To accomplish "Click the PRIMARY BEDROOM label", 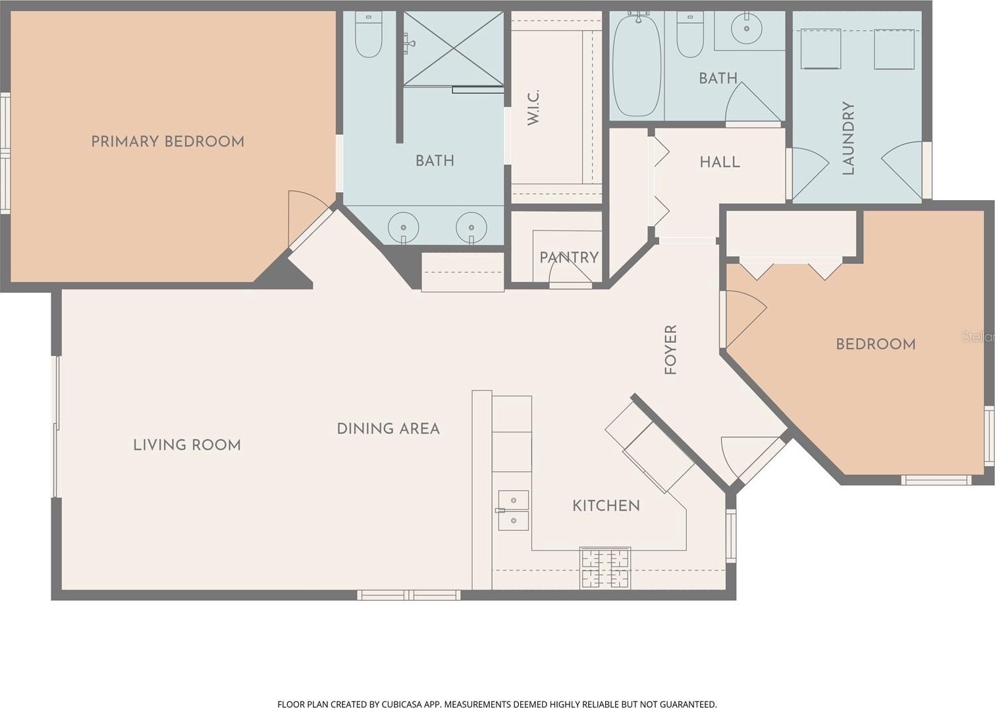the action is point(167,142).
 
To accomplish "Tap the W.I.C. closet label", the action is point(533,107).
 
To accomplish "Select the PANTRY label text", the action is point(569,257).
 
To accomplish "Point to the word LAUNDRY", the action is point(848,138).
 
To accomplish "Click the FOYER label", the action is point(670,350).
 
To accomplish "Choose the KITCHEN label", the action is point(606,506).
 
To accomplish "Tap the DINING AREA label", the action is point(389,429).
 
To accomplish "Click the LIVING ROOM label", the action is point(187,445).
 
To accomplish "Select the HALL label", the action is point(720,163).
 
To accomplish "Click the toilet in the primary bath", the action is point(369,35).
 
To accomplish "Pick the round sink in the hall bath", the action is point(746,28).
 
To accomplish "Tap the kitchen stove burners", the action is point(605,569).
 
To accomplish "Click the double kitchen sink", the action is point(513,511).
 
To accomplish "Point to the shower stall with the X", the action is point(454,48).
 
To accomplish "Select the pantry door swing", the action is point(570,272).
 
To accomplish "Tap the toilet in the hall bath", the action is point(690,35).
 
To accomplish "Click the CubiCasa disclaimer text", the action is point(497,703).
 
